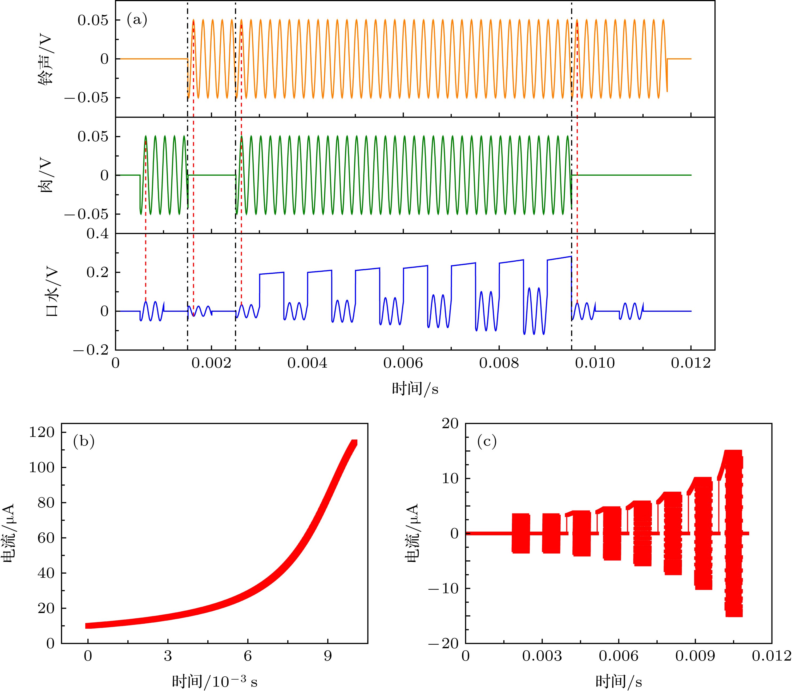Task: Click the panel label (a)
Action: click(137, 20)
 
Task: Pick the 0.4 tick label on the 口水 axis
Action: click(98, 234)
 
